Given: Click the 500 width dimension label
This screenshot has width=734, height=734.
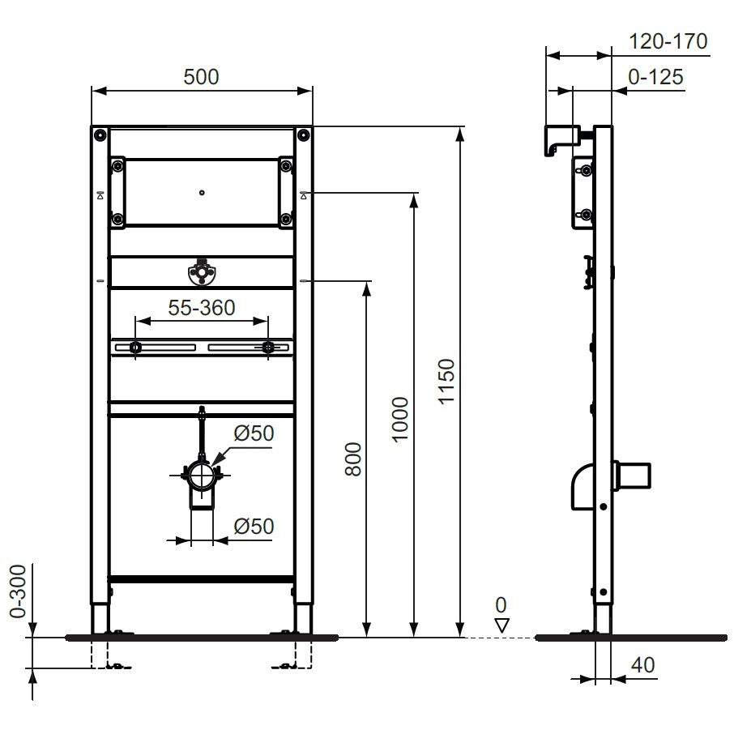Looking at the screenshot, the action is (201, 77).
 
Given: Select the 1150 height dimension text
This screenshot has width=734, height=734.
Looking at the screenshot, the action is (446, 381).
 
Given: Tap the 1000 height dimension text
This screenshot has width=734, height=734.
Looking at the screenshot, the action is (399, 419).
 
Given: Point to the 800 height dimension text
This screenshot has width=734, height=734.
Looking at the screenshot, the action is (353, 459).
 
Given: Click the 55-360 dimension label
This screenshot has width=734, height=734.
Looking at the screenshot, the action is (202, 308).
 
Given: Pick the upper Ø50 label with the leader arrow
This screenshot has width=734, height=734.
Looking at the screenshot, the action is (254, 433).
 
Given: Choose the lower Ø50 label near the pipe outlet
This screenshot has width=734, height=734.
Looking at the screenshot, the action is (254, 526).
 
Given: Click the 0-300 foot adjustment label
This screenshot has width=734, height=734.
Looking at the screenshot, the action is (19, 591).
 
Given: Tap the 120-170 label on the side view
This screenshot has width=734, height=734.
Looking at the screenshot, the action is (668, 41).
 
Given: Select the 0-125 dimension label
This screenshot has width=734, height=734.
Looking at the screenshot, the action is (655, 77).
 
